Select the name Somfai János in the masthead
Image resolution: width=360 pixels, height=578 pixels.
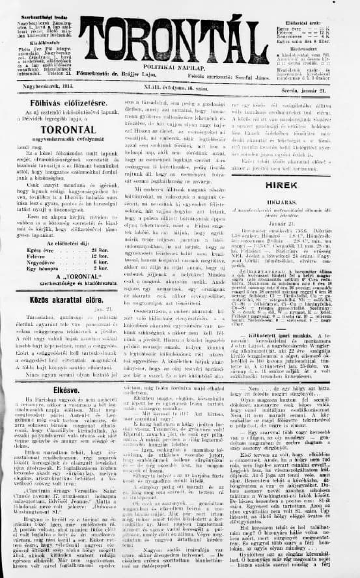coord(250,75)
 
